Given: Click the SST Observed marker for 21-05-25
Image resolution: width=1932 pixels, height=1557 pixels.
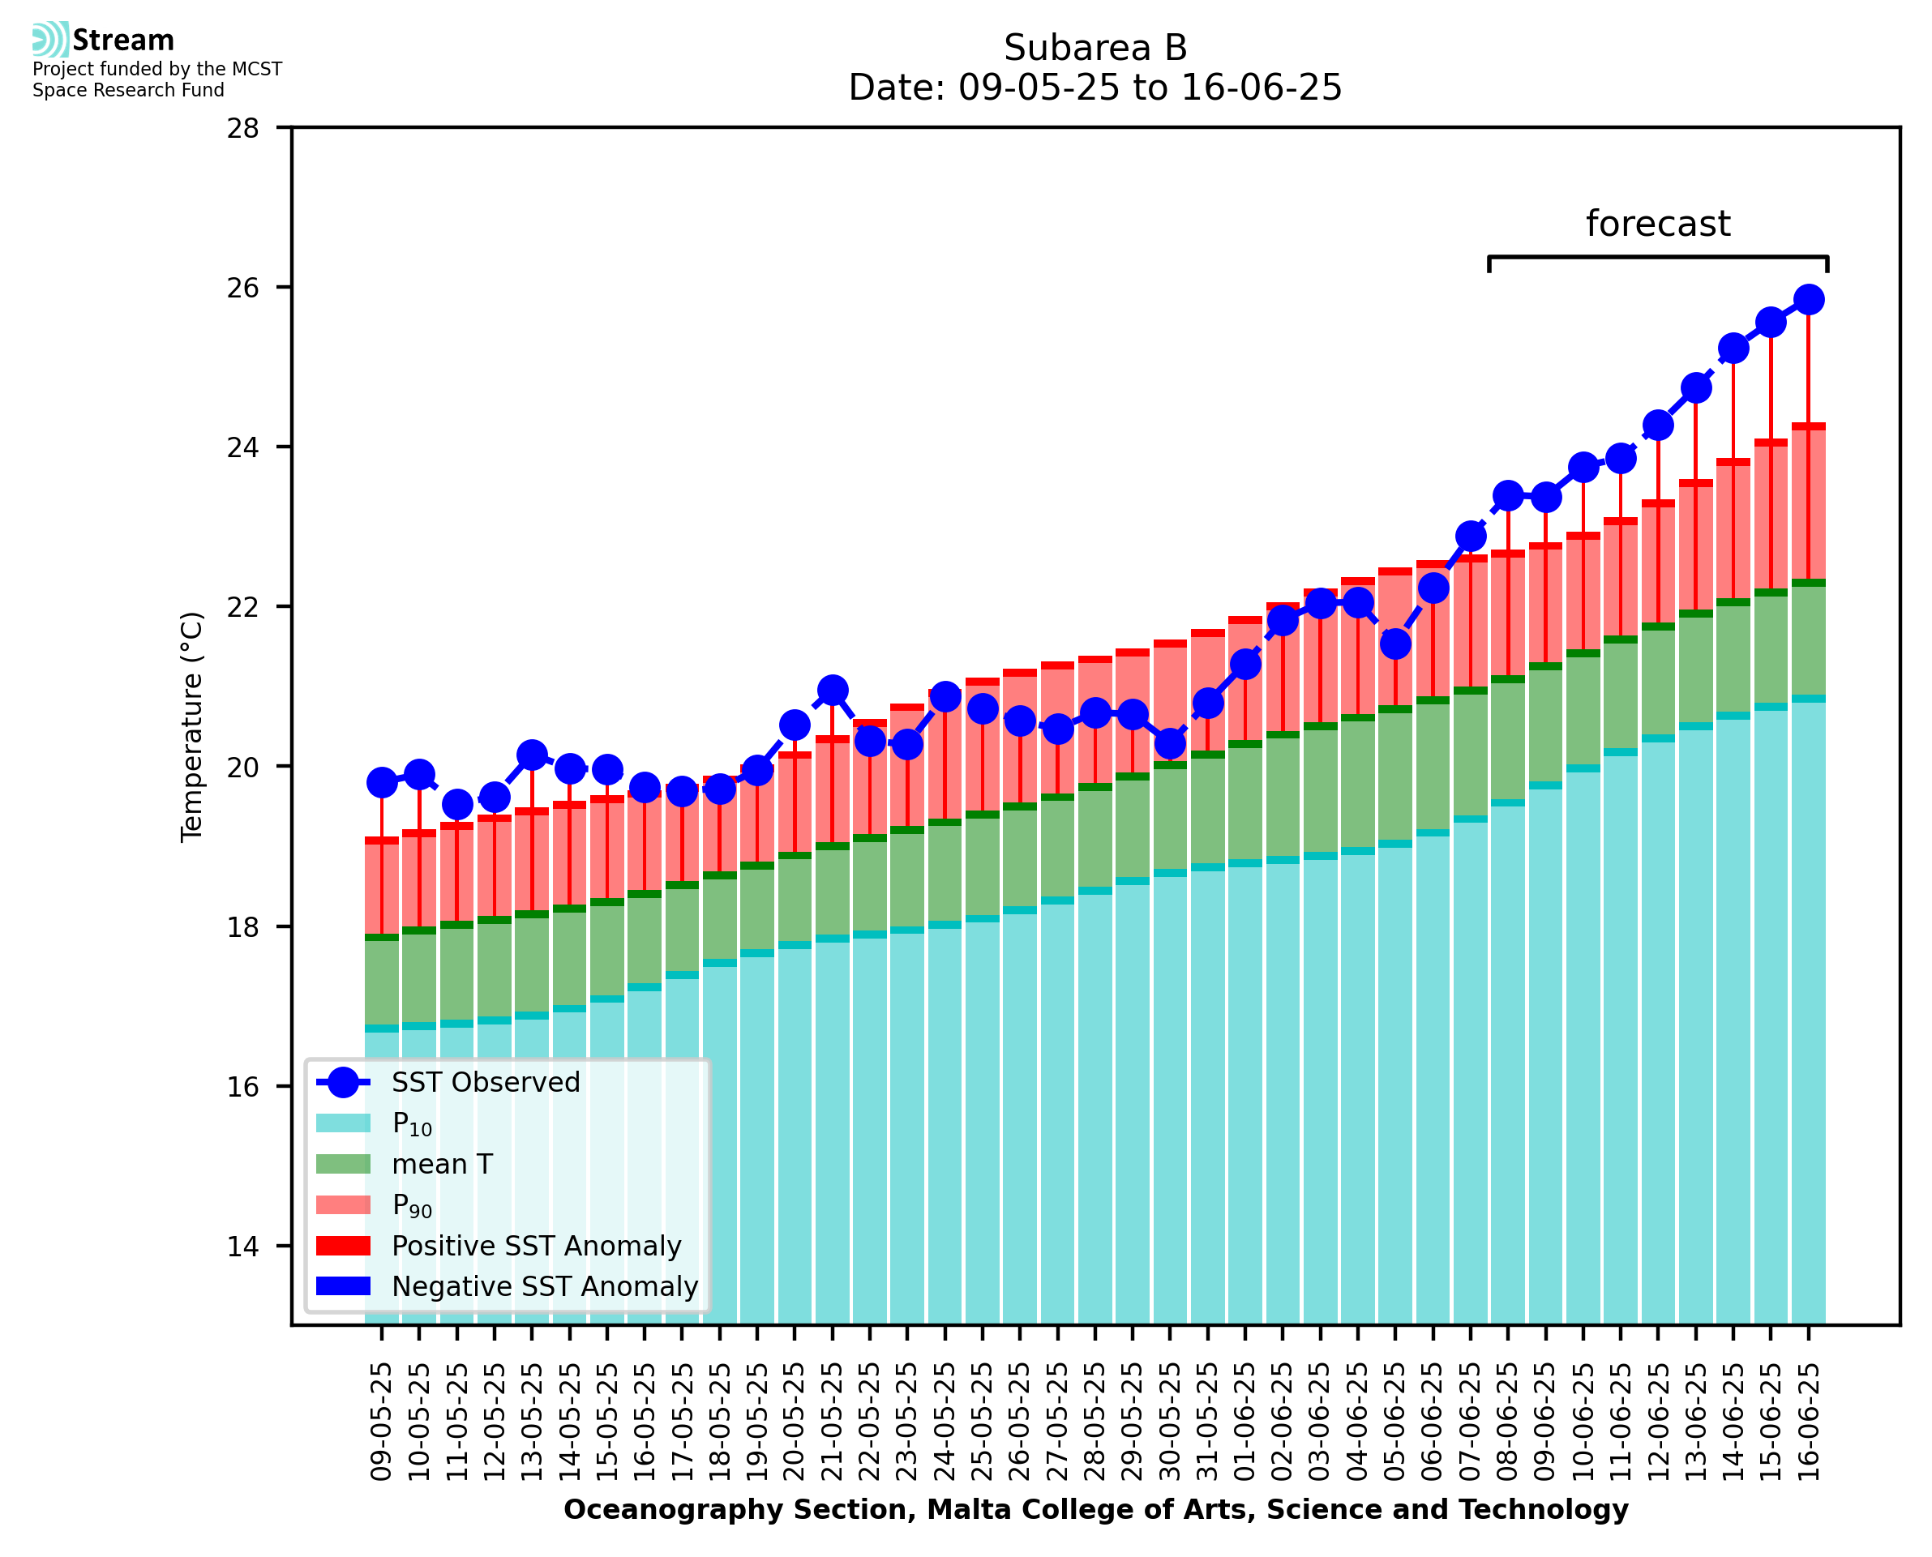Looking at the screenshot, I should click(833, 690).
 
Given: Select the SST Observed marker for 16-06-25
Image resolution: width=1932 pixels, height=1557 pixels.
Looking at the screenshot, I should click(1808, 298).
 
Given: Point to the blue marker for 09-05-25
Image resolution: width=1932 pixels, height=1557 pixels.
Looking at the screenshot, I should click(382, 782).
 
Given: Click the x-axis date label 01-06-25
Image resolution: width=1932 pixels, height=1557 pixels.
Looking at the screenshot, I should click(1245, 1422).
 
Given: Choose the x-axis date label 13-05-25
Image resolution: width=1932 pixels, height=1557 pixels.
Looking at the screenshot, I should click(532, 1422).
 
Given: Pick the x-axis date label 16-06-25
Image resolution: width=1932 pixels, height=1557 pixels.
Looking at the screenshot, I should click(1808, 1422).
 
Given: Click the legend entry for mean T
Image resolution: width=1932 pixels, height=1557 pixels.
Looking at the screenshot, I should click(441, 1164).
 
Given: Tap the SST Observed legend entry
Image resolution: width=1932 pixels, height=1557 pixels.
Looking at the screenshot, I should click(484, 1083).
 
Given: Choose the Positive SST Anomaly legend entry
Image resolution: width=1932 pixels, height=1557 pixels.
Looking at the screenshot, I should click(535, 1246).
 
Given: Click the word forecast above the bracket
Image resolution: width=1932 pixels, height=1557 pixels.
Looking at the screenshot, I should click(1657, 224).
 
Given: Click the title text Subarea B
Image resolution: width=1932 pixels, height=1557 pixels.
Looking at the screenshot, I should click(1095, 48).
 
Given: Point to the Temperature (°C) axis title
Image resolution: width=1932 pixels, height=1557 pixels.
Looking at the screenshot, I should click(192, 726).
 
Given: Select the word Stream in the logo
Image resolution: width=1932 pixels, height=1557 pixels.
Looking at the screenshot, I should click(123, 41).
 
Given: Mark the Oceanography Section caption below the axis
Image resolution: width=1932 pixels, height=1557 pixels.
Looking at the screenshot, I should click(1095, 1509).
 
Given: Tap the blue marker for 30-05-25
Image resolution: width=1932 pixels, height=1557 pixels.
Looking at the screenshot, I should click(1170, 742).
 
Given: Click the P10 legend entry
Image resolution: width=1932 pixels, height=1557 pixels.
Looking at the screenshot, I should click(412, 1124).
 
